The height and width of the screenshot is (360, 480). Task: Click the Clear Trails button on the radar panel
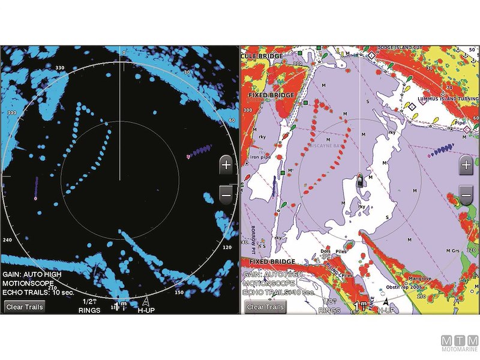(x=25, y=307)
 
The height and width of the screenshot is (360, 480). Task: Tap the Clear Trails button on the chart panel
(x=265, y=307)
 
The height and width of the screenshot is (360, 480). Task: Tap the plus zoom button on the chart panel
(x=466, y=166)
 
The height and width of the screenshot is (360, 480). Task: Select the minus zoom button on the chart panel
(x=466, y=194)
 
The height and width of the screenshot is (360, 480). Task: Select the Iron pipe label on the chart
(x=262, y=157)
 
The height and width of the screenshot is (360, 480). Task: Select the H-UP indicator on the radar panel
(x=146, y=310)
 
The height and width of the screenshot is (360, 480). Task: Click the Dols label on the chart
(x=326, y=251)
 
